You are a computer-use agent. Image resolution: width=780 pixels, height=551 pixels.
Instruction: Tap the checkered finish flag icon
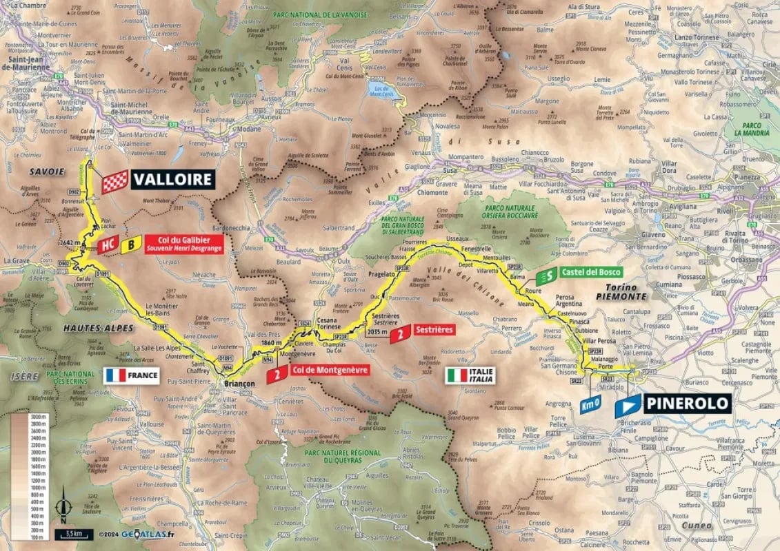click(114, 180)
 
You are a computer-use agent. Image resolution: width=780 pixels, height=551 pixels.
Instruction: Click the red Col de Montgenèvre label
click(329, 370)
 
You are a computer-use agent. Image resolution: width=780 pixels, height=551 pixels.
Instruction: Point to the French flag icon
click(114, 375)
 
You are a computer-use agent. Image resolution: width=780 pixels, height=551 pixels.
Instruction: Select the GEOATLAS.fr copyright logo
click(136, 533)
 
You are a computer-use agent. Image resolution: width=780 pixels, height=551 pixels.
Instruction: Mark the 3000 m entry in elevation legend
click(37, 417)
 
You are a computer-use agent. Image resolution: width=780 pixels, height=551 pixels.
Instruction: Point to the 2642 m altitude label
click(69, 242)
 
